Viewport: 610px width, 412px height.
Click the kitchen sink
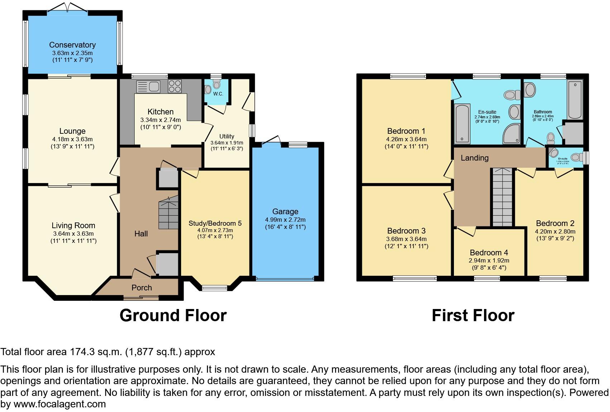(x=148, y=87)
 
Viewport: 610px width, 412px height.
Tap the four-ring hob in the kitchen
(x=175, y=86)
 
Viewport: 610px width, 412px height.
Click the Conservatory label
(x=72, y=45)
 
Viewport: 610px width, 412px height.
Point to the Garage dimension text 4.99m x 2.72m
(x=285, y=220)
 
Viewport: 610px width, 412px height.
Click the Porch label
(x=141, y=288)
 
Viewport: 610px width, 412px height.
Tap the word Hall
(x=141, y=234)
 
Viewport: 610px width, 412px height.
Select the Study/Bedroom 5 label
(x=215, y=223)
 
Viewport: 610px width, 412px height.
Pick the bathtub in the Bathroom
(x=575, y=99)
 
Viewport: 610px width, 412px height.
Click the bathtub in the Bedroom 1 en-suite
(x=462, y=123)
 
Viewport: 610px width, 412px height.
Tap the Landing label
(x=474, y=158)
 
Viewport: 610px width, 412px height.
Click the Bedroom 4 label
(x=489, y=252)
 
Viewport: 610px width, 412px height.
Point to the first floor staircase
(x=502, y=197)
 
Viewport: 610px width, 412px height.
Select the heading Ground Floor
(x=173, y=315)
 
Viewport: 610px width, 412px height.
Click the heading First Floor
(x=473, y=315)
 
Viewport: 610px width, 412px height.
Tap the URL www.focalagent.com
(x=60, y=404)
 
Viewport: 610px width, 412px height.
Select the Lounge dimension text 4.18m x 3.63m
(x=72, y=139)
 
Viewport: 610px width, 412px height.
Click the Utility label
(x=227, y=136)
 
